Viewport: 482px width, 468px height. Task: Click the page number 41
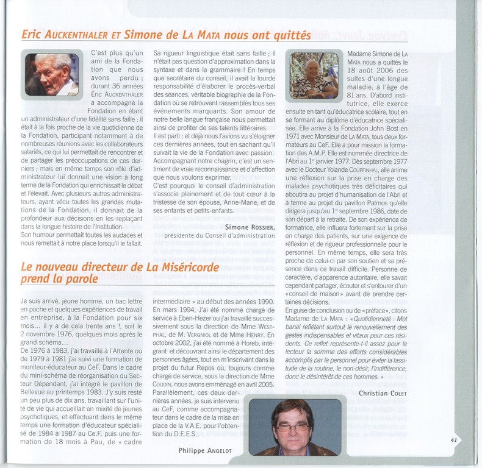(x=454, y=439)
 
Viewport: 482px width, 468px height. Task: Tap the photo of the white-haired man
(x=52, y=74)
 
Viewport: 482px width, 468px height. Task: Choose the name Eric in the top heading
(x=35, y=36)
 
